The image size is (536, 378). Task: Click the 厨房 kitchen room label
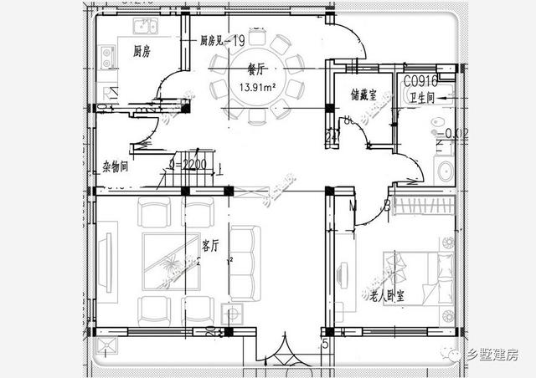(x=142, y=52)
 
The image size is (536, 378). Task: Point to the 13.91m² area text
(x=259, y=87)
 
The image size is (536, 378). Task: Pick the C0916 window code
(x=421, y=82)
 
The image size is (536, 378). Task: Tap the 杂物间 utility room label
(x=115, y=166)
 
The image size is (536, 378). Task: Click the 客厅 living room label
(x=210, y=245)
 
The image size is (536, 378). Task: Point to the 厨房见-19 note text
(x=221, y=41)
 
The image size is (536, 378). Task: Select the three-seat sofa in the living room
(x=245, y=263)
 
